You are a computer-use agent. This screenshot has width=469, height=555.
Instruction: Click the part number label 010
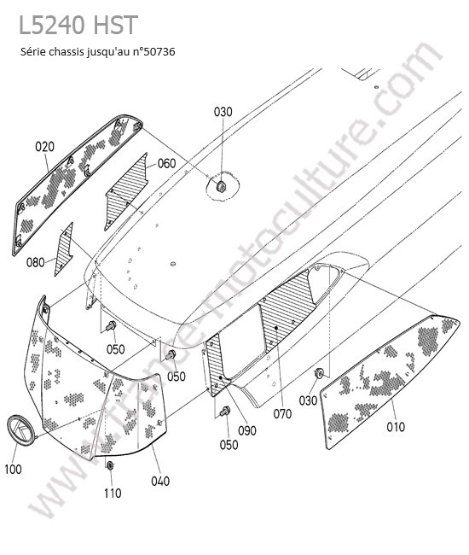(396, 427)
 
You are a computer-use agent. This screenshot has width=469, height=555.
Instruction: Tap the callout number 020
(45, 147)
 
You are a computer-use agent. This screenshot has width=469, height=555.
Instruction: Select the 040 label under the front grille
(160, 481)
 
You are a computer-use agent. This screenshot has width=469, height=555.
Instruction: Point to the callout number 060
(166, 164)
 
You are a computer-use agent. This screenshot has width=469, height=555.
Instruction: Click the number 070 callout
(282, 414)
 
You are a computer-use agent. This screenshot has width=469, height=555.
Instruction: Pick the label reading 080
(35, 263)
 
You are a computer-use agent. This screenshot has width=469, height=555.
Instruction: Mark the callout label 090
(246, 430)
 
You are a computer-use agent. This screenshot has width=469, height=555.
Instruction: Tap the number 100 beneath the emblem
(13, 470)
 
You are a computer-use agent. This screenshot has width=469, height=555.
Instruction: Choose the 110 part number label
(113, 493)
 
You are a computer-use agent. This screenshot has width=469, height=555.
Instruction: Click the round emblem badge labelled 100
(21, 429)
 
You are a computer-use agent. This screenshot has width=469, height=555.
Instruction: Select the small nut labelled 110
(109, 465)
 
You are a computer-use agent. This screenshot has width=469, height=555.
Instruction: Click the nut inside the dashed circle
(221, 185)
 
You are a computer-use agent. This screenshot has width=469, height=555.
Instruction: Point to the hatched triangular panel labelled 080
(64, 249)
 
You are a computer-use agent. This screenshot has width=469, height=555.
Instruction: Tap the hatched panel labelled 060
(125, 191)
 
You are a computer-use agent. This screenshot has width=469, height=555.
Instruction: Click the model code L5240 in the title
(52, 25)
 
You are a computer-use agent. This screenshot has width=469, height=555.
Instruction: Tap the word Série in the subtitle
(33, 52)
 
